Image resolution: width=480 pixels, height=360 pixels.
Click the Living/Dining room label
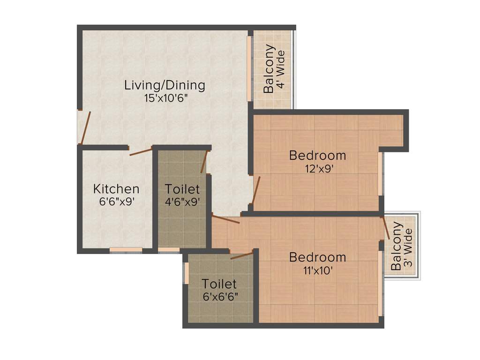[165, 85]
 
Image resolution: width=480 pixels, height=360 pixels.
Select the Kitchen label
[116, 189]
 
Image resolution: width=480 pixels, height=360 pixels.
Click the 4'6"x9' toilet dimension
[182, 202]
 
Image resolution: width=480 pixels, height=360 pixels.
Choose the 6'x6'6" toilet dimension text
[219, 297]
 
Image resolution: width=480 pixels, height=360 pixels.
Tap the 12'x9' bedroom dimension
[317, 168]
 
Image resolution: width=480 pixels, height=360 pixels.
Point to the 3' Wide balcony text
[408, 247]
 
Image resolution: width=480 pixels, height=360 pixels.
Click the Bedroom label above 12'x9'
[317, 155]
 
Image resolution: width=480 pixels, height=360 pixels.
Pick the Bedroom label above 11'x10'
[317, 257]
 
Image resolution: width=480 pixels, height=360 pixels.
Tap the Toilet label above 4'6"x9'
[182, 189]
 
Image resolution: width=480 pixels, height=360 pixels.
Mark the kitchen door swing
[141, 151]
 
